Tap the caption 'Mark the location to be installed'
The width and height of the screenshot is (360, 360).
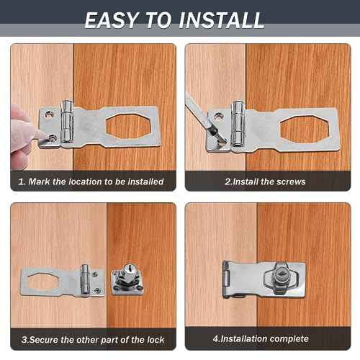pyautogui.click(x=94, y=182)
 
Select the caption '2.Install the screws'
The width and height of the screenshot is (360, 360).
pyautogui.click(x=264, y=182)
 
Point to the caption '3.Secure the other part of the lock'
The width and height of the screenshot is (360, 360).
pyautogui.click(x=93, y=339)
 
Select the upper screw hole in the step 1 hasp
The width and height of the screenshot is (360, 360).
pyautogui.click(x=50, y=113)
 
